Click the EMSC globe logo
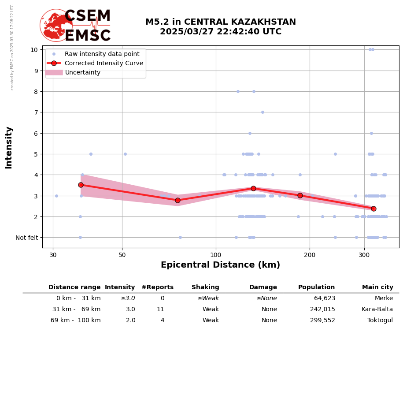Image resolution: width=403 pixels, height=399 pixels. click(56, 25)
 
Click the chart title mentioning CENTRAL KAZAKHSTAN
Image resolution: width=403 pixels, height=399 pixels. click(221, 27)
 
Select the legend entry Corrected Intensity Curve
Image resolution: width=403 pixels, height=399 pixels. click(104, 63)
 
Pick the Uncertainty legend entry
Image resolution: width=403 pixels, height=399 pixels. click(83, 72)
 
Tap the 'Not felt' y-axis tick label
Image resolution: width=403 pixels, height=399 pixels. click(26, 238)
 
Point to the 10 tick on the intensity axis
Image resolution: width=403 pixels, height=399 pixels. click(34, 49)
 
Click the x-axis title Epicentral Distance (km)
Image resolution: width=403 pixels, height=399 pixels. click(220, 265)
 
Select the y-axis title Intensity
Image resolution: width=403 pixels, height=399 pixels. click(9, 148)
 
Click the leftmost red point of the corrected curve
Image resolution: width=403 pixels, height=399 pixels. click(81, 185)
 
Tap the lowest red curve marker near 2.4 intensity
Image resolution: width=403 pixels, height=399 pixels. click(373, 209)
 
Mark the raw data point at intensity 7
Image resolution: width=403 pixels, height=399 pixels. click(263, 112)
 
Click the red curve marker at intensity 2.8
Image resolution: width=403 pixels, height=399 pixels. click(177, 200)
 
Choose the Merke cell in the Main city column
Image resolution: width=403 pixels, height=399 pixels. click(384, 298)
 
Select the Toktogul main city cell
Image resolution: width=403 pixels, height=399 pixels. click(380, 321)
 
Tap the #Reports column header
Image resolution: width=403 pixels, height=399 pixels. click(157, 287)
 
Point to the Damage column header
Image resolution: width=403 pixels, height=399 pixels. click(263, 287)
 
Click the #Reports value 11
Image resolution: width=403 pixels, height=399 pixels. click(160, 310)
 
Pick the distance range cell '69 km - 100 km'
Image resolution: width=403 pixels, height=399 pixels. click(76, 321)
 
